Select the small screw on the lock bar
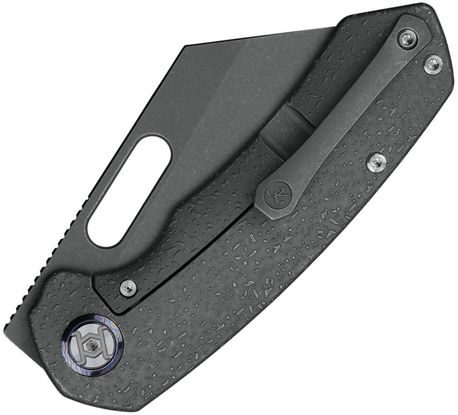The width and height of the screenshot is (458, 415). pos(128,288)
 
